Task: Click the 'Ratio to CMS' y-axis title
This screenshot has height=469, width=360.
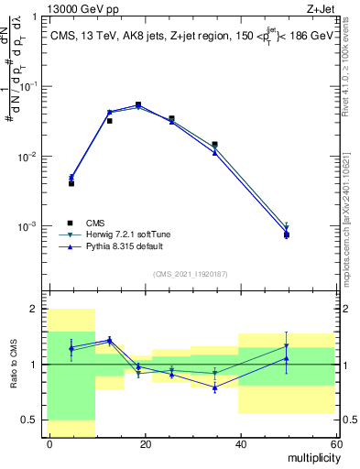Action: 13,364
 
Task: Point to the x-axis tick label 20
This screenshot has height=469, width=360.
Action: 145,443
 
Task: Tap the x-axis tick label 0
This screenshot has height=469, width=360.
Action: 49,443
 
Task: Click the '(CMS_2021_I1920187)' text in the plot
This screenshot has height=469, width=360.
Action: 190,274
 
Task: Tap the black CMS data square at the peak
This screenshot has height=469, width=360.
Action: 138,104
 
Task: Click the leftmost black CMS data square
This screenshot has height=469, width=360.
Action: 71,183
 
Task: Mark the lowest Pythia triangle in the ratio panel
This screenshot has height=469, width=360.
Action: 214,387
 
